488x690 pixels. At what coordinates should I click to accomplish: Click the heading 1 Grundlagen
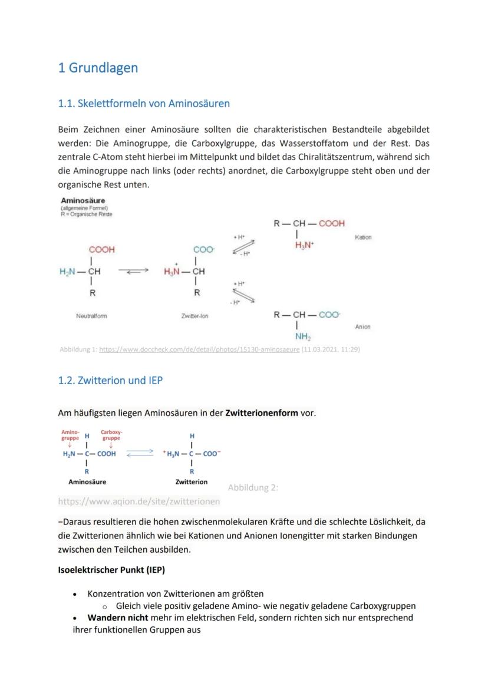98,68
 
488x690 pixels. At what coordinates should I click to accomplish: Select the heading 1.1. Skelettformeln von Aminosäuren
144,104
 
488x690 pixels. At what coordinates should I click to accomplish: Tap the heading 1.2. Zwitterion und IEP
110,381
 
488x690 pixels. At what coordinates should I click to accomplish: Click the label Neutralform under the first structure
92,316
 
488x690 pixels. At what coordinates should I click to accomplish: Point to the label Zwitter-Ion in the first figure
194,316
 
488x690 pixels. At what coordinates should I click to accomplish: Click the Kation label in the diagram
363,237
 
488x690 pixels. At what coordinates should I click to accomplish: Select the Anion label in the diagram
363,326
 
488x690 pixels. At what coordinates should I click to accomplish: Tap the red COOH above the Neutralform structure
102,250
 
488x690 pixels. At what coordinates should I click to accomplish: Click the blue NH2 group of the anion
303,337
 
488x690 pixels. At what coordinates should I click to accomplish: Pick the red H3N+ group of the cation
304,245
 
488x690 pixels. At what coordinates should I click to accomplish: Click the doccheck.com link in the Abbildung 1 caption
199,349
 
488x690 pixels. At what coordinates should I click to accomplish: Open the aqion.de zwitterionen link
139,501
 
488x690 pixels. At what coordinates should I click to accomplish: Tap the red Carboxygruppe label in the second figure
111,435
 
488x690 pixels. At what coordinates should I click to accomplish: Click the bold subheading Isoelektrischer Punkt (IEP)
111,570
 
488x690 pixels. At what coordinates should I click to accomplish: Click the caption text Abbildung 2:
253,487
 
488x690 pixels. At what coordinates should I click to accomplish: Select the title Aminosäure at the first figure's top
83,200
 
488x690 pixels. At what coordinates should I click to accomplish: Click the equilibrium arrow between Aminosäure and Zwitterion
139,454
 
